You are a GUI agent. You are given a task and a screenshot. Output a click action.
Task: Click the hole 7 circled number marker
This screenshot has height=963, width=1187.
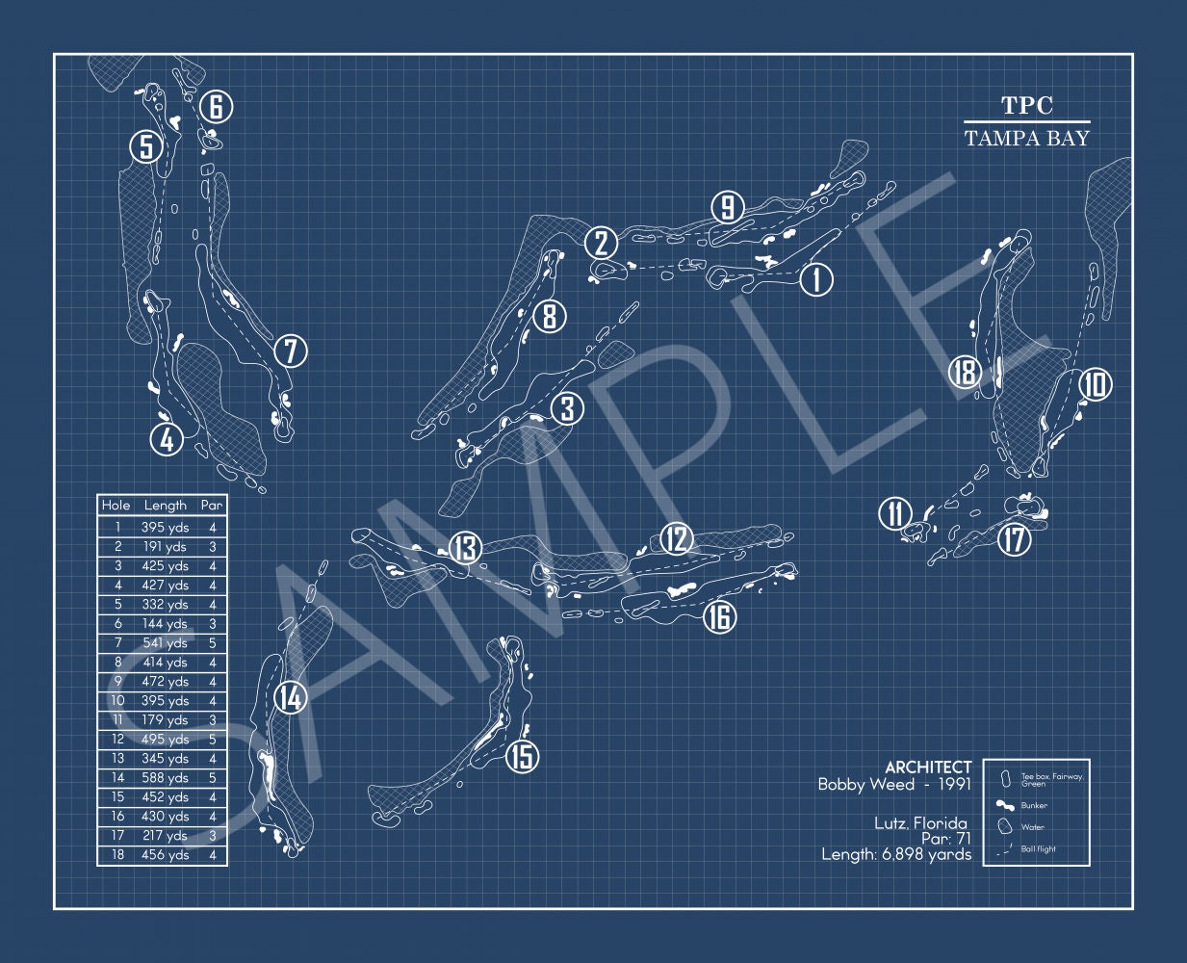pyautogui.click(x=290, y=351)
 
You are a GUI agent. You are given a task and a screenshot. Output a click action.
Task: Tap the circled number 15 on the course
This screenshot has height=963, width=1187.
pyautogui.click(x=521, y=756)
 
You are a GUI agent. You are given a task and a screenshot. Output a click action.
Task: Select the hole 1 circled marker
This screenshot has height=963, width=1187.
pyautogui.click(x=816, y=279)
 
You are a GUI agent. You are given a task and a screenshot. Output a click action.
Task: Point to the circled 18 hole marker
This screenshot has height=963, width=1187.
pyautogui.click(x=964, y=371)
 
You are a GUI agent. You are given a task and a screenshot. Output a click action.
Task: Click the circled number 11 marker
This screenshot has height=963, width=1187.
pyautogui.click(x=895, y=513)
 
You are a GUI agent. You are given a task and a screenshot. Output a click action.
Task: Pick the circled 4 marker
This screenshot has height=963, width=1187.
pyautogui.click(x=167, y=440)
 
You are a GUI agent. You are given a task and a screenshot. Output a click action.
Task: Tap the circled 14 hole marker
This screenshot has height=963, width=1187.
pyautogui.click(x=290, y=697)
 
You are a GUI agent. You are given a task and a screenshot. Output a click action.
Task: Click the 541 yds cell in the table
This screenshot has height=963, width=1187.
pyautogui.click(x=166, y=643)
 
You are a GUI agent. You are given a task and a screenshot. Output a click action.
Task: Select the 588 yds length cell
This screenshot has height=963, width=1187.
pyautogui.click(x=166, y=778)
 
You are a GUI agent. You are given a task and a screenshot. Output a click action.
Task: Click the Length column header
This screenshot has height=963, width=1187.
pyautogui.click(x=166, y=505)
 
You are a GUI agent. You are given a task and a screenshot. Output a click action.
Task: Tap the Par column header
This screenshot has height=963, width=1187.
pyautogui.click(x=212, y=505)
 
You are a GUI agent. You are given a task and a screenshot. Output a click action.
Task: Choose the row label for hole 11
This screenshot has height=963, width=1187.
pyautogui.click(x=116, y=720)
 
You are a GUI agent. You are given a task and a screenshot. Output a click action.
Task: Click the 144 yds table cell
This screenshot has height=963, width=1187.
pyautogui.click(x=166, y=624)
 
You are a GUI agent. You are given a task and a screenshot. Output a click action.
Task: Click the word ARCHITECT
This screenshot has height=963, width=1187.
pyautogui.click(x=928, y=768)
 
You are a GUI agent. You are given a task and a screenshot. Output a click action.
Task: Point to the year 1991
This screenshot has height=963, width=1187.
pyautogui.click(x=951, y=785)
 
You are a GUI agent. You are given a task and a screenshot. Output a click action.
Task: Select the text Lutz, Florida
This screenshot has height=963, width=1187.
pyautogui.click(x=920, y=823)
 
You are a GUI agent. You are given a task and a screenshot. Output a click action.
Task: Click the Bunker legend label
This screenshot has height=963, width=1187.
pyautogui.click(x=1035, y=805)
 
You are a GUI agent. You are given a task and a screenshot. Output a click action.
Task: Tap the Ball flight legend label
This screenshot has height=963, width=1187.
pyautogui.click(x=1039, y=849)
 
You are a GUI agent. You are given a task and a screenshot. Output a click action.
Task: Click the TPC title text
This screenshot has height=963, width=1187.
pyautogui.click(x=1027, y=106)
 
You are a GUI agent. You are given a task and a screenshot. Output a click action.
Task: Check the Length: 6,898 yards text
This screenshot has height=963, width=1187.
pyautogui.click(x=896, y=854)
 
